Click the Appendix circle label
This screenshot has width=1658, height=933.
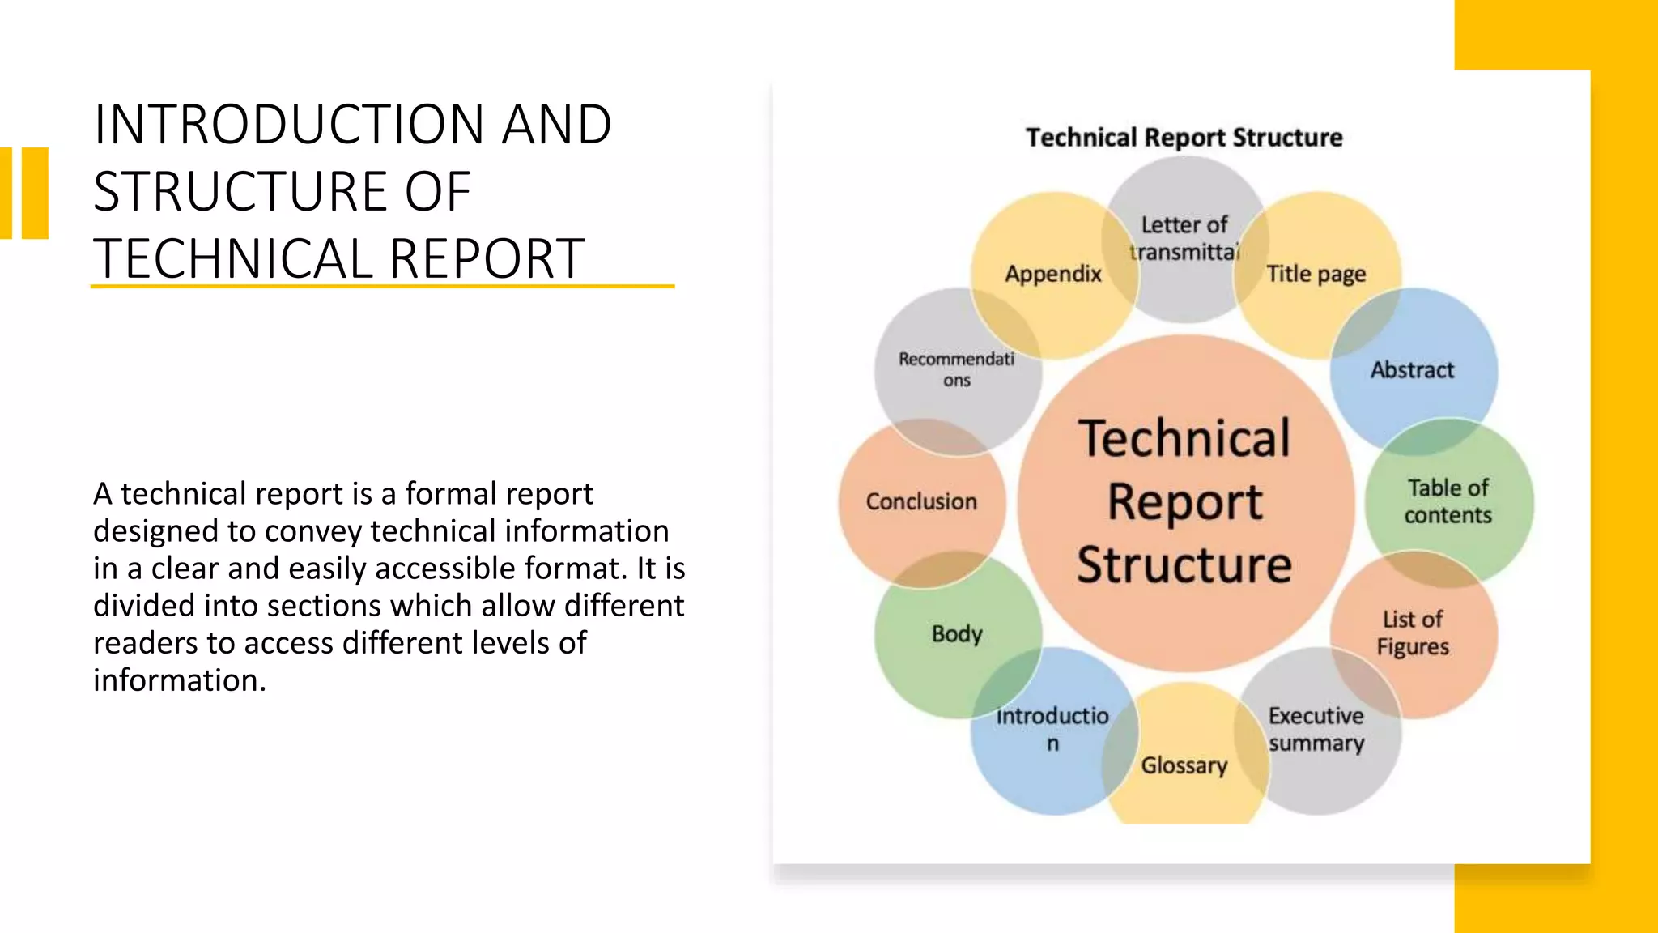(1053, 274)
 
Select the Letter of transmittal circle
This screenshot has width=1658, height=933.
(1184, 238)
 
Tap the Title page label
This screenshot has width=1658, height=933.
(1316, 274)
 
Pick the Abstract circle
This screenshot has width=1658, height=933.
(1412, 370)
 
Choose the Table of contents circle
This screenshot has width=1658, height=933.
(1448, 501)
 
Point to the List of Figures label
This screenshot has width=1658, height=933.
(1413, 633)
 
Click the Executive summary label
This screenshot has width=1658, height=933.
(1316, 729)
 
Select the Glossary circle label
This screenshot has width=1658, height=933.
(1184, 765)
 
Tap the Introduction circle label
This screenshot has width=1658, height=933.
(1052, 729)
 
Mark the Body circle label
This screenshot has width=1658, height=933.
(957, 633)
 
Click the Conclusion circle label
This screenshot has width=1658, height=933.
(921, 501)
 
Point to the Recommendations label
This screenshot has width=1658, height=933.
(956, 369)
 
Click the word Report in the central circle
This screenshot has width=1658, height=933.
(1184, 502)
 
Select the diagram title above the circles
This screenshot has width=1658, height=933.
(1184, 138)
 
